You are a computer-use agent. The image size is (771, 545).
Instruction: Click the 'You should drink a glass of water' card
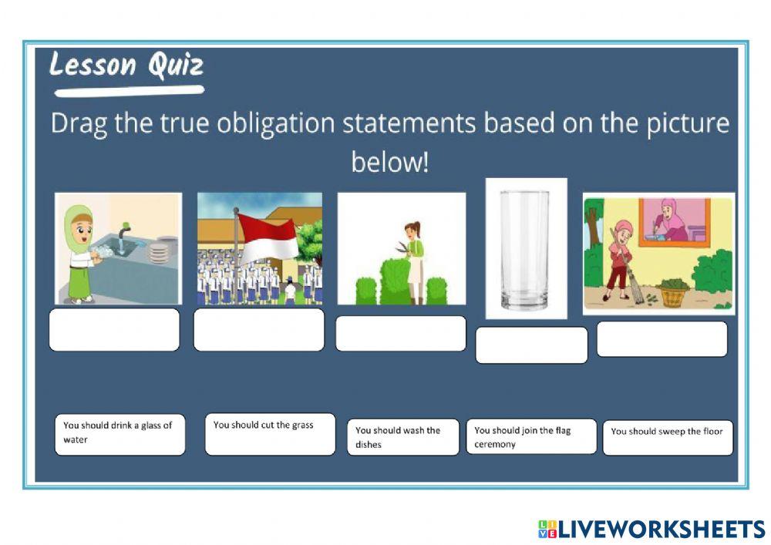pyautogui.click(x=120, y=434)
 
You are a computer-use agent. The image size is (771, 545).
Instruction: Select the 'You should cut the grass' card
pyautogui.click(x=270, y=434)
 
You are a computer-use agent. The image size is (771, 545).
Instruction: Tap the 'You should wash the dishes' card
pyautogui.click(x=402, y=437)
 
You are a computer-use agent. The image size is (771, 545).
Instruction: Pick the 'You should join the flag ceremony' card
pyautogui.click(x=531, y=436)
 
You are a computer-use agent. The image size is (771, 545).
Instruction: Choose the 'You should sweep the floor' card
pyautogui.click(x=668, y=437)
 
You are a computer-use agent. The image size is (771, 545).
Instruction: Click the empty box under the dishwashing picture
pyautogui.click(x=114, y=330)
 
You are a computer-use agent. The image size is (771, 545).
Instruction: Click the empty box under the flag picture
pyautogui.click(x=259, y=330)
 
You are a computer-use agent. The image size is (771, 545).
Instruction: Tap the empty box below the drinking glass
pyautogui.click(x=531, y=345)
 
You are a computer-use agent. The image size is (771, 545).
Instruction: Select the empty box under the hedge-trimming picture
pyautogui.click(x=401, y=333)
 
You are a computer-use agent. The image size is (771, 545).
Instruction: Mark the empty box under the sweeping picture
pyautogui.click(x=662, y=339)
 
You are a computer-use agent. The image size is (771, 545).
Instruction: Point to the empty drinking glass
pyautogui.click(x=524, y=249)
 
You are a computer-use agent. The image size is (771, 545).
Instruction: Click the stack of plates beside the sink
pyautogui.click(x=160, y=253)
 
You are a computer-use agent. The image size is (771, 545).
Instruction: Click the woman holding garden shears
pyautogui.click(x=415, y=258)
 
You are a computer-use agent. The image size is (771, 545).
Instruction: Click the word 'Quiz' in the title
pyautogui.click(x=175, y=66)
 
